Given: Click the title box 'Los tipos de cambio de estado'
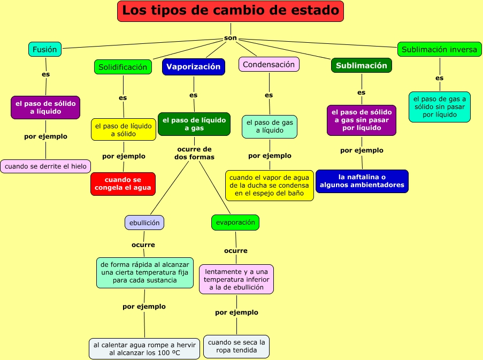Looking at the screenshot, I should (230, 11).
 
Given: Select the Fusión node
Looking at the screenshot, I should (45, 49).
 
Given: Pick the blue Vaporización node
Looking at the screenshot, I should (193, 66).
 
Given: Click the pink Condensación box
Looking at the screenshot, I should (269, 64).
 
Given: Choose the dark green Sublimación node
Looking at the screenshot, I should (361, 65).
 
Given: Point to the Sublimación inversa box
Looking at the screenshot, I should (439, 49).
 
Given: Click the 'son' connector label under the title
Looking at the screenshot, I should (231, 38).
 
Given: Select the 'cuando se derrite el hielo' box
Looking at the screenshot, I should (45, 166).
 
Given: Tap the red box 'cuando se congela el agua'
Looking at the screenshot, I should (122, 184).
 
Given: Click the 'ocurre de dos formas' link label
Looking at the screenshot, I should (194, 153).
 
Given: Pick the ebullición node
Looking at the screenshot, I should (144, 222).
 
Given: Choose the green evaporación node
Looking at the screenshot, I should (235, 223).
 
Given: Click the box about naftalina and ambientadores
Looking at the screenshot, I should (362, 181).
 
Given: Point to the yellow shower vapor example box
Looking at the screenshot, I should (269, 185).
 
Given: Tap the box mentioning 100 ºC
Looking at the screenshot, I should (144, 349).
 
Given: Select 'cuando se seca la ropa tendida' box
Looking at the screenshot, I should (236, 346).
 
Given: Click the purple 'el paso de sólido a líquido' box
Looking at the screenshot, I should (45, 108).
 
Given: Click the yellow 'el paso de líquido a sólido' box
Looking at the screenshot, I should (123, 129).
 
